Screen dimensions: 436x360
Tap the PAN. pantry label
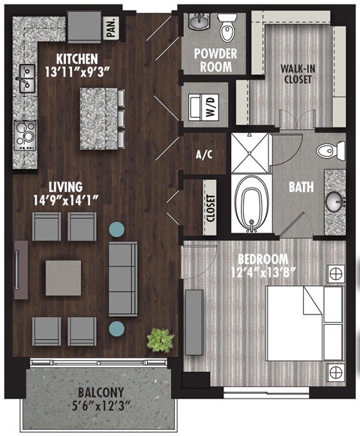pyautogui.click(x=110, y=29)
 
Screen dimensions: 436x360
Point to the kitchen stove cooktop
pyautogui.click(x=24, y=134)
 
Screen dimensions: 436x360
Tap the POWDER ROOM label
pyautogui.click(x=215, y=59)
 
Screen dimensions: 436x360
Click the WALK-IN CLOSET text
pyautogui.click(x=297, y=74)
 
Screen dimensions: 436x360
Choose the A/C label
pyautogui.click(x=202, y=156)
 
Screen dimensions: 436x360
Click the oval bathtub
pyautogui.click(x=250, y=203)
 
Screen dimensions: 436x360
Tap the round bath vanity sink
pyautogui.click(x=335, y=200)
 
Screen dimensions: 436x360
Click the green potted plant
pyautogui.click(x=159, y=340)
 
